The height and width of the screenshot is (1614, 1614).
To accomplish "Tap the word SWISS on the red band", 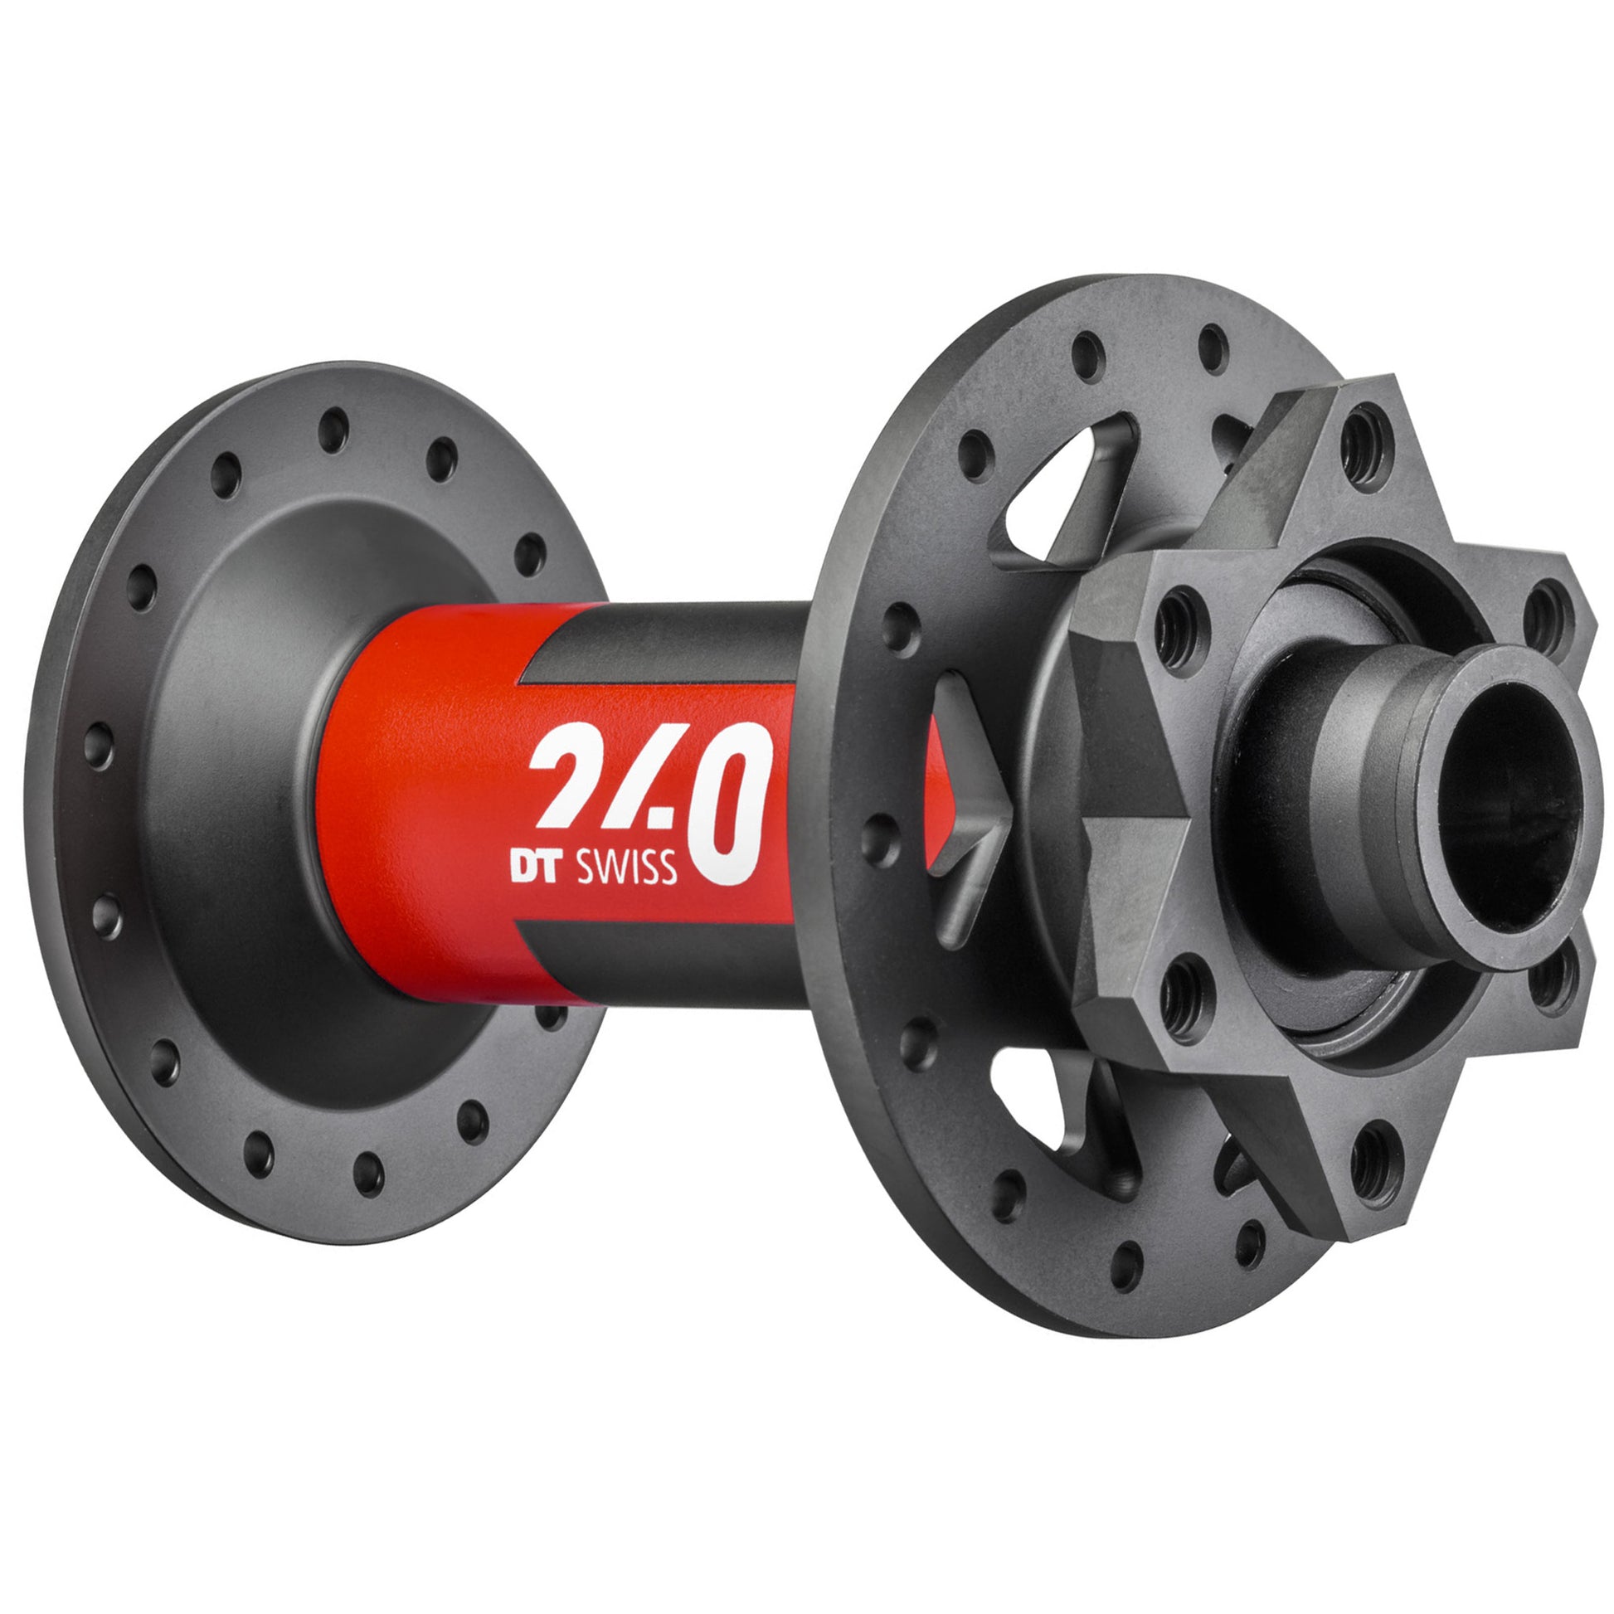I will pos(626,869).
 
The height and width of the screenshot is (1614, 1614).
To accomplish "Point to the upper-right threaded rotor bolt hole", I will pos(1543,614).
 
